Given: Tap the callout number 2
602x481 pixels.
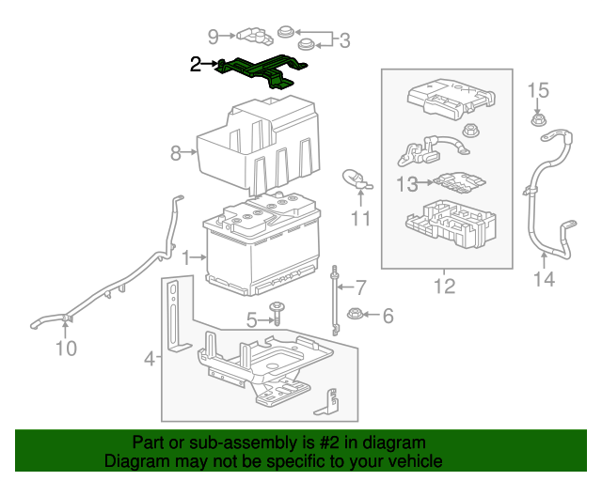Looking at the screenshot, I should click(x=196, y=64).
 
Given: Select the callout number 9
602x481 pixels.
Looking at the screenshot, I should click(x=214, y=37).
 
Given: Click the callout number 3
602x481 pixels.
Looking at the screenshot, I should click(x=344, y=40).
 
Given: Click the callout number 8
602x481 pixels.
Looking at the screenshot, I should click(x=175, y=152).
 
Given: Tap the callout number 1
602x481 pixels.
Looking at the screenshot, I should click(x=185, y=256).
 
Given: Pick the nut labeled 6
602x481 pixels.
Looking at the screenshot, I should click(x=356, y=315).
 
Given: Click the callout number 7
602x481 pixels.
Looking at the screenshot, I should click(x=360, y=286).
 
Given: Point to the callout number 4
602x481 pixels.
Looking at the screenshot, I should click(x=149, y=358).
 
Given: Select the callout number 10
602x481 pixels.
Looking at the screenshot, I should click(x=65, y=349).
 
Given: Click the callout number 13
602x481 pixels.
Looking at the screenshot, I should click(x=405, y=185).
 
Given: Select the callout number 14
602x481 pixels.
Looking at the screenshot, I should click(x=545, y=279).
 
